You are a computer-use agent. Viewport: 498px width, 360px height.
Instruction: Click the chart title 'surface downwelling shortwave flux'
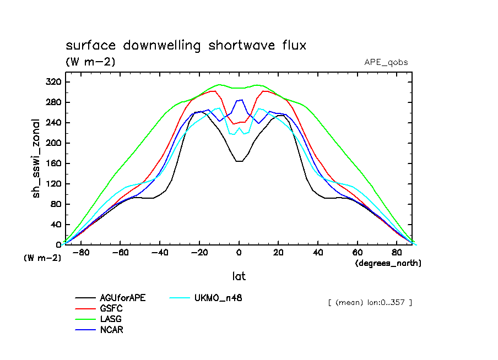click(x=186, y=45)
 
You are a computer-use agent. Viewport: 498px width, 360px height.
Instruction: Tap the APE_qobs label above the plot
click(x=386, y=62)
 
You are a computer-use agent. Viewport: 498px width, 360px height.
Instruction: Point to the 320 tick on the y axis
click(x=53, y=82)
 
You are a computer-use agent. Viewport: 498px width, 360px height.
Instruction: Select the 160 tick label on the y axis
click(x=53, y=163)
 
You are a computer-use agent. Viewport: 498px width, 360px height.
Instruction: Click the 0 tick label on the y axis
click(x=58, y=245)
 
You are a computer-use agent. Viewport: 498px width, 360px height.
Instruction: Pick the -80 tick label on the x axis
click(x=80, y=253)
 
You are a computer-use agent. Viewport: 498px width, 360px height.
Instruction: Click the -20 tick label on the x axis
click(x=199, y=253)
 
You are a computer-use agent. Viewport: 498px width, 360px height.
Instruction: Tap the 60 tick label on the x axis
click(x=358, y=253)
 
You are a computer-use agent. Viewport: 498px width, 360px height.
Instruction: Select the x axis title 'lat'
click(x=239, y=276)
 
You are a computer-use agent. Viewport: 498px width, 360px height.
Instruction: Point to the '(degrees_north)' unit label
click(x=388, y=263)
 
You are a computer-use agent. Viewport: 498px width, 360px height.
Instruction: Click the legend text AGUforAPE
click(x=123, y=298)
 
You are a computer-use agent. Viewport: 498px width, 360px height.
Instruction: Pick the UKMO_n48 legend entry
click(x=218, y=298)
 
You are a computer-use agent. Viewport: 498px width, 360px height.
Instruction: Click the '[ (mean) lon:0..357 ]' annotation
click(x=369, y=302)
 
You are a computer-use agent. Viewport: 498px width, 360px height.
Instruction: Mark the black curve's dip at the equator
click(x=239, y=161)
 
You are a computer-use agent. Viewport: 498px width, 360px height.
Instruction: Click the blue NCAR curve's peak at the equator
click(x=240, y=100)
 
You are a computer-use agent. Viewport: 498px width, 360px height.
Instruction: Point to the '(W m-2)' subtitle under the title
click(x=90, y=62)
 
